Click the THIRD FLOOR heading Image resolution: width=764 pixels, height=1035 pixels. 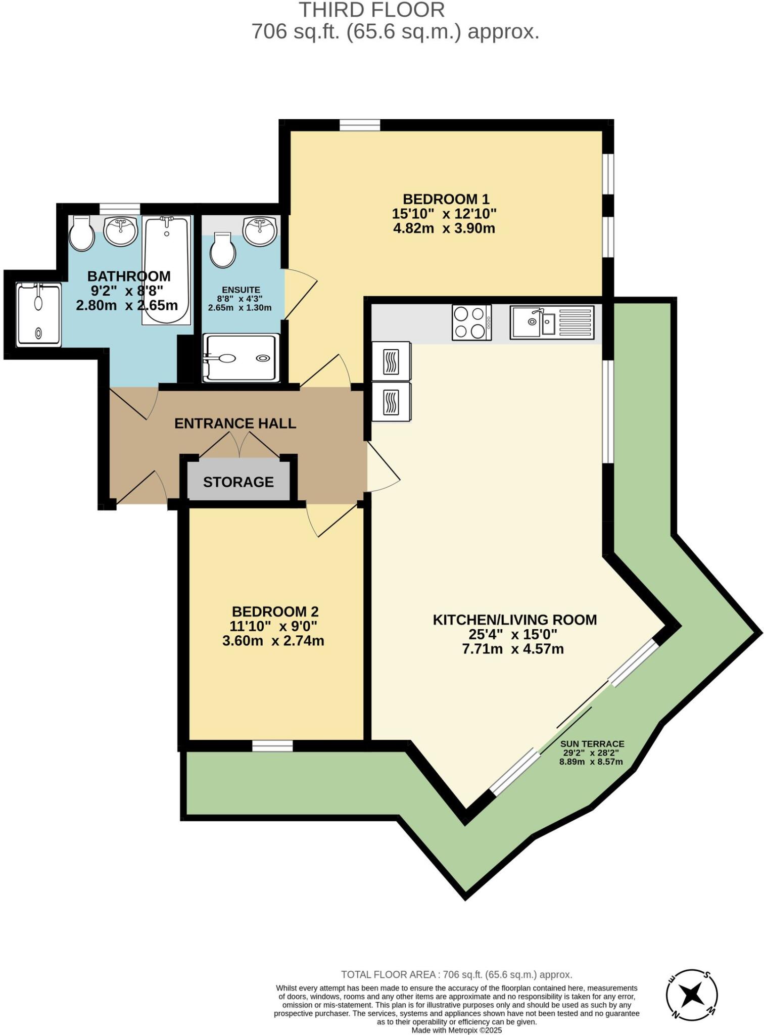(x=372, y=10)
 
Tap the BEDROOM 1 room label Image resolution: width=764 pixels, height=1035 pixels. (x=446, y=199)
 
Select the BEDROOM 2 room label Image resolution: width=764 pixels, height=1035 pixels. (x=275, y=612)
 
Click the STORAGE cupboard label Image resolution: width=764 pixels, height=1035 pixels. (x=238, y=482)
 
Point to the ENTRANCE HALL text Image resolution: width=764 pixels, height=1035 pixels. (x=235, y=424)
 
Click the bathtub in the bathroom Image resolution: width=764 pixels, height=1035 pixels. (x=167, y=270)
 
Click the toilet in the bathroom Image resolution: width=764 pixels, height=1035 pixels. (x=81, y=234)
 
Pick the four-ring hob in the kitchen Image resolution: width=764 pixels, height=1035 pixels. (x=471, y=323)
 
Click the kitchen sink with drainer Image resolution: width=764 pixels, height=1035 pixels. (x=552, y=322)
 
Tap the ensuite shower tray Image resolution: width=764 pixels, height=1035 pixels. (x=241, y=358)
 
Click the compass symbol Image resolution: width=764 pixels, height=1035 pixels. (x=691, y=995)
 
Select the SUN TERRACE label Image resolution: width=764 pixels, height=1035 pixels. (x=592, y=744)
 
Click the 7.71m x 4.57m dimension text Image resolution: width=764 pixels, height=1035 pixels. (x=513, y=649)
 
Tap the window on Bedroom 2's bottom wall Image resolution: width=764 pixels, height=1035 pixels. (x=272, y=746)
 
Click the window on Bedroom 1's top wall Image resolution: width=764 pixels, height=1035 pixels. (x=359, y=125)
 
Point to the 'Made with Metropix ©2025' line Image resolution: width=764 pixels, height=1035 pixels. (x=456, y=1030)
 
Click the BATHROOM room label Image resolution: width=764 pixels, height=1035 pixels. (x=129, y=276)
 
